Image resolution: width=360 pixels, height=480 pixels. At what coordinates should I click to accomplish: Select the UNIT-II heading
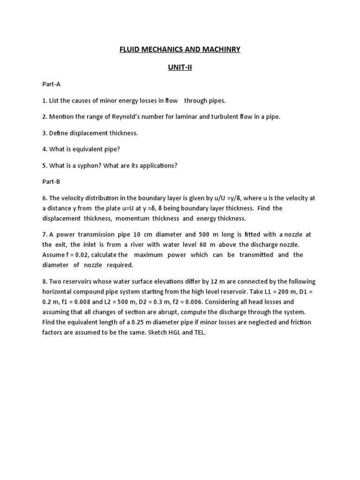click(x=180, y=67)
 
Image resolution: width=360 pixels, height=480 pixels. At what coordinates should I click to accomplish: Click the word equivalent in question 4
click(x=88, y=149)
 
